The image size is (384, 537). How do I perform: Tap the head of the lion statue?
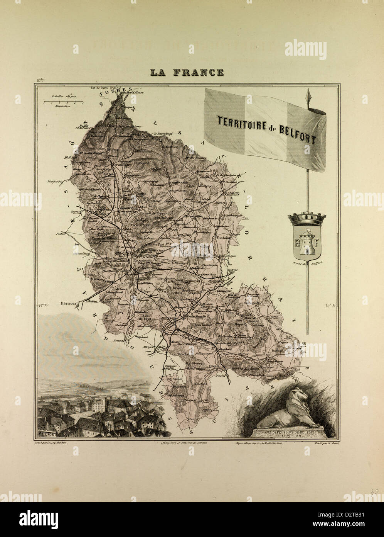point(301,395)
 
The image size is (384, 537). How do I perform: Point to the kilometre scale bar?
point(63,102)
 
